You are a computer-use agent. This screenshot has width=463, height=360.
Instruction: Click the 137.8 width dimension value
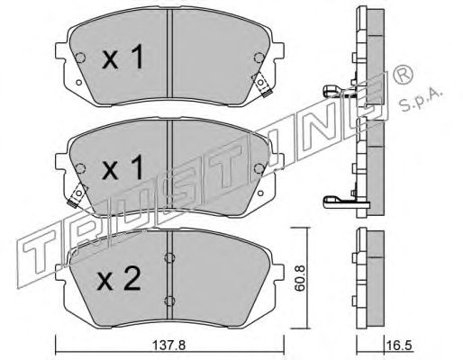click(169, 346)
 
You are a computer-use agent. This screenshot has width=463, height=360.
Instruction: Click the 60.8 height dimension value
click(300, 278)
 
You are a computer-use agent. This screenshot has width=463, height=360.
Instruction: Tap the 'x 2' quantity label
click(118, 279)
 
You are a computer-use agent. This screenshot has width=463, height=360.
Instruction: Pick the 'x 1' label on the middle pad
click(123, 168)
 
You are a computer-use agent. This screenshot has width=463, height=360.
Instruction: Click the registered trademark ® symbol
click(404, 76)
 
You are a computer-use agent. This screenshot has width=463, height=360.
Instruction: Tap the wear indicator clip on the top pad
click(262, 85)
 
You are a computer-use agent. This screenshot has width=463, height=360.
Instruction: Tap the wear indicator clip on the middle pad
click(77, 194)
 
